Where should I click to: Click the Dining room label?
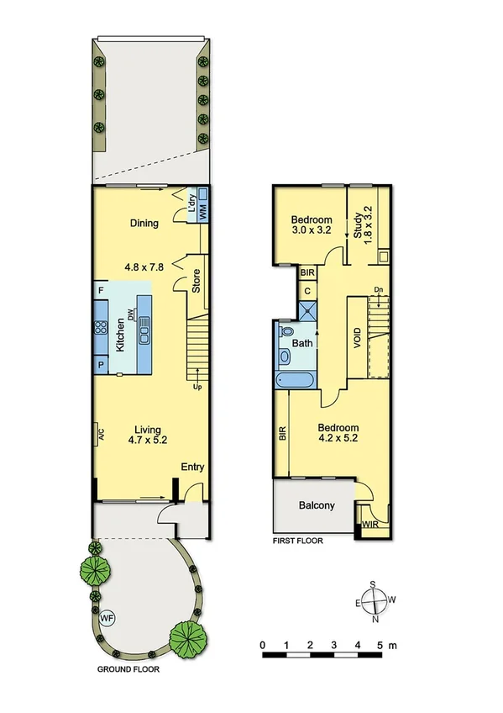pos(144,223)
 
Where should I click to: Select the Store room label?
pos(196,280)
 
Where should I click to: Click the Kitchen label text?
pos(120,336)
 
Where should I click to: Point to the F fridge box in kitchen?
pos(101,291)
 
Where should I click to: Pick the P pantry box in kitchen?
pos(101,365)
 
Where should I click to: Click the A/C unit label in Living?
pos(99,436)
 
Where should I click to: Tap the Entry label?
pos(192,467)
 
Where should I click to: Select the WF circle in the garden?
pos(107,619)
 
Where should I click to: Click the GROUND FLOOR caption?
pos(128,671)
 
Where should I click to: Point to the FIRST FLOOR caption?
pos(298,541)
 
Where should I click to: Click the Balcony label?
pos(317,506)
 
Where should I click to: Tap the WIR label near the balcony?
pos(369,526)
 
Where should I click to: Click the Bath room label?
pos(301,344)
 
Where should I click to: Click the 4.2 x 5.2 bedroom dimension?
pos(338,437)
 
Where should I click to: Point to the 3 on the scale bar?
pos(334,644)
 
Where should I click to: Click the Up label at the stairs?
pos(198,388)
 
